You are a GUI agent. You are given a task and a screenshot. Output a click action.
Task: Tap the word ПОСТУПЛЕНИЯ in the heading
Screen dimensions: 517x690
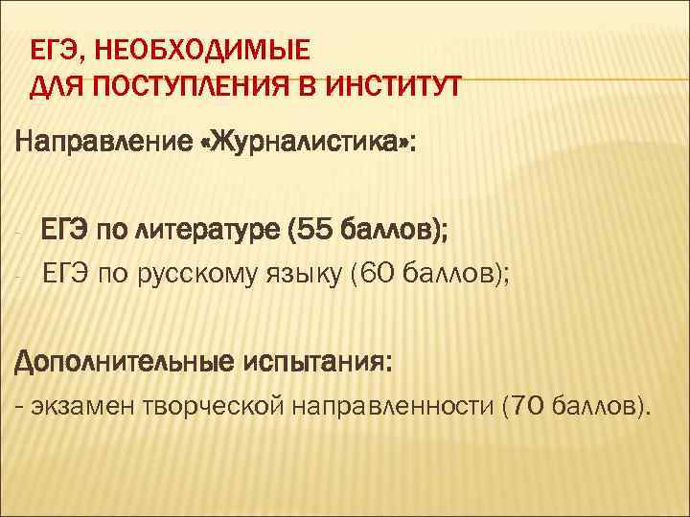coord(160,89)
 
